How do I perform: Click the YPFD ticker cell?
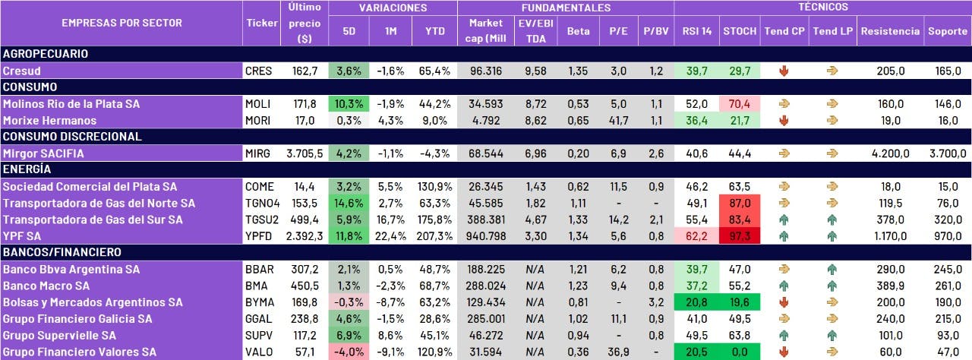[x=260, y=236]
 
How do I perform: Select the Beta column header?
[x=578, y=32]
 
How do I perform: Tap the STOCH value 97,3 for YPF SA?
[x=740, y=236]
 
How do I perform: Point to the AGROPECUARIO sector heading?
[x=46, y=54]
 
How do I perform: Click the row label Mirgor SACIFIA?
[x=43, y=153]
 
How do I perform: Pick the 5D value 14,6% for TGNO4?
[x=349, y=203]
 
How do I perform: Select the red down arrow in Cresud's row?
[x=784, y=71]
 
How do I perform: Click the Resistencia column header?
[x=891, y=32]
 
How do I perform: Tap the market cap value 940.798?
[x=486, y=236]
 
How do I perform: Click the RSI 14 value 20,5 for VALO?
[x=696, y=352]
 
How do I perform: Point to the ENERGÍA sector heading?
[x=27, y=169]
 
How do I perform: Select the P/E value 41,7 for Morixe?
[x=618, y=120]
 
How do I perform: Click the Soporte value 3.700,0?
[x=946, y=153]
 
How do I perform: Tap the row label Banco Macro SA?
[x=46, y=286]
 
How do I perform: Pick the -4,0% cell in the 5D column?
[x=349, y=352]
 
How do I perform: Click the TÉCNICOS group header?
[x=822, y=8]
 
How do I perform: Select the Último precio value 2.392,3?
[x=305, y=236]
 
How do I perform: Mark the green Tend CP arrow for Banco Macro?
[x=784, y=286]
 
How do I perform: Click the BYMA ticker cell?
[x=259, y=302]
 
